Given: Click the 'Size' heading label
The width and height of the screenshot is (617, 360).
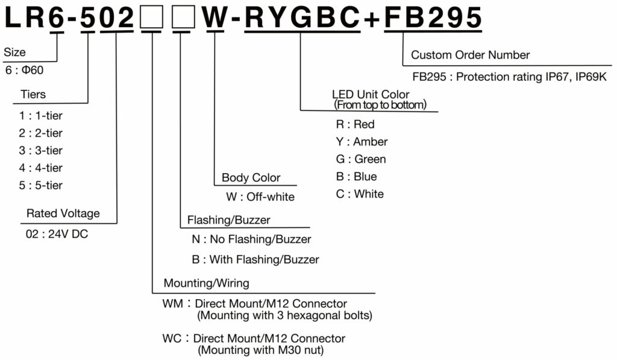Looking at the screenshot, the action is (14, 52).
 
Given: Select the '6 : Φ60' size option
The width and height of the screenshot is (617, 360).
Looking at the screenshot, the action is (24, 70).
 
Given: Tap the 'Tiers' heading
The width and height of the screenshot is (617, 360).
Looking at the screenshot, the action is (33, 94).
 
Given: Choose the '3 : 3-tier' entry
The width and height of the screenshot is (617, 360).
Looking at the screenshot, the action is (40, 151).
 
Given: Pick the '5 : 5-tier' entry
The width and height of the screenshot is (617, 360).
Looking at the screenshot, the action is (40, 185).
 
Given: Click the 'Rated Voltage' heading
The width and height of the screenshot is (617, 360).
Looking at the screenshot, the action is (63, 213).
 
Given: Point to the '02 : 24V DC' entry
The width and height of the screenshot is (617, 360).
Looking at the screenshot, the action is (57, 234).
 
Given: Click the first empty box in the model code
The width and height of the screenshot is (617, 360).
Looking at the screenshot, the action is (151, 17).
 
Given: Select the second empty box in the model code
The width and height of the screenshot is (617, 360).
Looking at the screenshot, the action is (183, 17).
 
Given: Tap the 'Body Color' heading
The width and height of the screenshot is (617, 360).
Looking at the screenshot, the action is (251, 178).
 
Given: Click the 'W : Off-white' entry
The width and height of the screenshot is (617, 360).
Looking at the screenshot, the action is (260, 197).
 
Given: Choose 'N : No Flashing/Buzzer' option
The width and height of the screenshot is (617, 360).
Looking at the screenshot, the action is (251, 239).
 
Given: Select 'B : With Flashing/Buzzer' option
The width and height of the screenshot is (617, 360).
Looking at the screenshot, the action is (255, 259).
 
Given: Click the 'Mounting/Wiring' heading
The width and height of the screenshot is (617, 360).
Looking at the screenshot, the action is (207, 283).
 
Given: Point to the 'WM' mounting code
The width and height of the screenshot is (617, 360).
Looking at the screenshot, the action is (172, 304).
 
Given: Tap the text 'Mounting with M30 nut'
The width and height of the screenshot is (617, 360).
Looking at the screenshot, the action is (261, 350).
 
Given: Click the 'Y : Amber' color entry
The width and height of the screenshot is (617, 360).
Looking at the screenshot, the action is (362, 142).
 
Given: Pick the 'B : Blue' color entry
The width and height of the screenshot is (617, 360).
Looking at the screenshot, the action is (356, 177).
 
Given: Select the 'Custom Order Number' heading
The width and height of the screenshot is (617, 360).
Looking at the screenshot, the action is (470, 55).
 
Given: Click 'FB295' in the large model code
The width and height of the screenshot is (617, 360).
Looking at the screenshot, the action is (433, 17).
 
